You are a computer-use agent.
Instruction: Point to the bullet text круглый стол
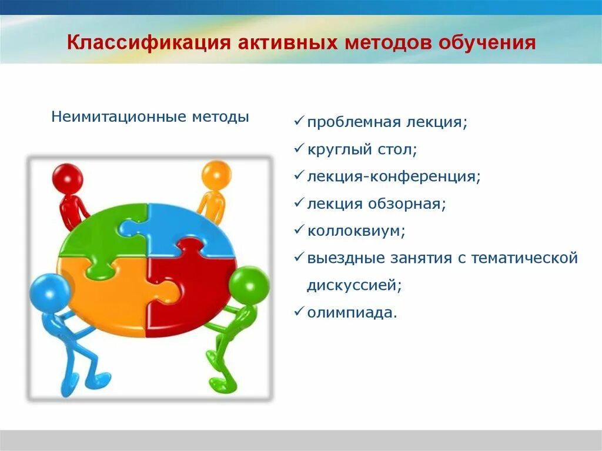[362, 149]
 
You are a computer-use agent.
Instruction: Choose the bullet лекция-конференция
[393, 176]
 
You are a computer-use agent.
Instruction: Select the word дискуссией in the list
[354, 285]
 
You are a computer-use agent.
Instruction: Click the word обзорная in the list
[407, 203]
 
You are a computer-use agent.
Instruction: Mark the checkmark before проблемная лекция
[299, 122]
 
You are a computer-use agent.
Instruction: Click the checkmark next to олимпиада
[299, 312]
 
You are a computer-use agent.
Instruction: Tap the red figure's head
[67, 177]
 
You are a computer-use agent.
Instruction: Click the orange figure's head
[216, 175]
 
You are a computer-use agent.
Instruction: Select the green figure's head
[249, 284]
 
